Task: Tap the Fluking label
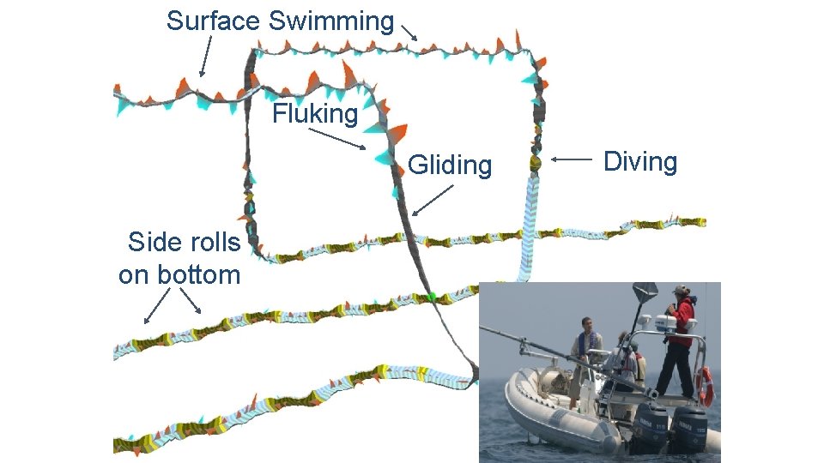(315, 113)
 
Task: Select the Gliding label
(450, 165)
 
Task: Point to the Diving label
(640, 161)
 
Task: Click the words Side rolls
(184, 243)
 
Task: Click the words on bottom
(179, 274)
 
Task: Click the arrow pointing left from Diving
(570, 159)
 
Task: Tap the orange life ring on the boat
(706, 387)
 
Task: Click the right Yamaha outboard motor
(688, 426)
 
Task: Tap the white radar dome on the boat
(665, 322)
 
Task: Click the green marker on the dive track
(433, 297)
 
